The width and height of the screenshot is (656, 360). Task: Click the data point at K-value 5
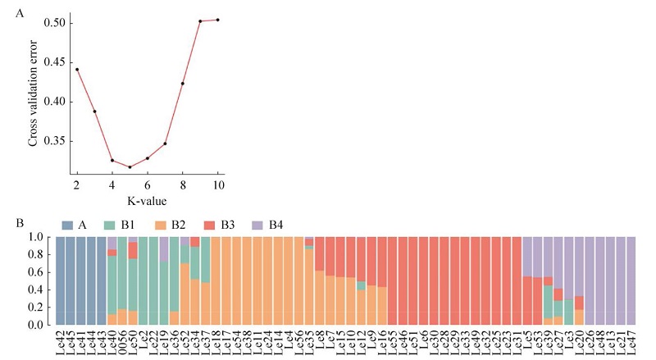130,167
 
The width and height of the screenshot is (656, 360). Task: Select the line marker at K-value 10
217,20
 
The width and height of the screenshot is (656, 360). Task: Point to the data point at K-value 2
76,69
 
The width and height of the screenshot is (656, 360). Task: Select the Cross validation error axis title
34,97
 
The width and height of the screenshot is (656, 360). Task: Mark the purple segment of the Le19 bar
164,248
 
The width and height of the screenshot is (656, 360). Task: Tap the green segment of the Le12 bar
362,285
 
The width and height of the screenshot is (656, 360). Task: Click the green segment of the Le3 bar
568,312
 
